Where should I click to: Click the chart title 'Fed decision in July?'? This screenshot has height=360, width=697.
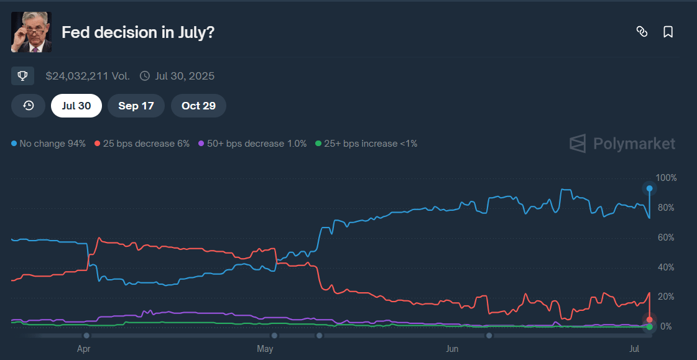pyautogui.click(x=138, y=32)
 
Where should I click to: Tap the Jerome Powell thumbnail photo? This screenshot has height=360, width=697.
pyautogui.click(x=32, y=32)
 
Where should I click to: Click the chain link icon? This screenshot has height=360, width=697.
pyautogui.click(x=642, y=32)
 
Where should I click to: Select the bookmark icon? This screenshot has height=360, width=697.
pyautogui.click(x=668, y=32)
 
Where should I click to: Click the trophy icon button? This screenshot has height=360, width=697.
pyautogui.click(x=22, y=76)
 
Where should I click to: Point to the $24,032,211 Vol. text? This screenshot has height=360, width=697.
pyautogui.click(x=88, y=76)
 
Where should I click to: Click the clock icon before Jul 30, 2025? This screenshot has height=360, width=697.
pyautogui.click(x=145, y=76)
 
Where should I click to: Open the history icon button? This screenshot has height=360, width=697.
pyautogui.click(x=28, y=106)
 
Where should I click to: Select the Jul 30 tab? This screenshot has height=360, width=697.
pyautogui.click(x=76, y=106)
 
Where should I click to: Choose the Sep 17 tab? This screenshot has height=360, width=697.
pyautogui.click(x=136, y=106)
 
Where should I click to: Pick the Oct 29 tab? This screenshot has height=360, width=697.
pyautogui.click(x=198, y=106)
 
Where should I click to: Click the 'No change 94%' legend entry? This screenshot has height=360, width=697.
pyautogui.click(x=48, y=144)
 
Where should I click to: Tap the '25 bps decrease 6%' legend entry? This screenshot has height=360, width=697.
pyautogui.click(x=142, y=144)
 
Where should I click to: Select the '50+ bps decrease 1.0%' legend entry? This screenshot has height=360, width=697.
pyautogui.click(x=252, y=144)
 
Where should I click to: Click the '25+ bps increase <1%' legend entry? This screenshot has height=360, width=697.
pyautogui.click(x=366, y=144)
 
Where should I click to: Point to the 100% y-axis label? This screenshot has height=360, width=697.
pyautogui.click(x=667, y=178)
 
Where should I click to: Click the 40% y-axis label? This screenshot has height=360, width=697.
pyautogui.click(x=667, y=267)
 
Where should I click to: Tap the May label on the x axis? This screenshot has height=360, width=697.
pyautogui.click(x=265, y=349)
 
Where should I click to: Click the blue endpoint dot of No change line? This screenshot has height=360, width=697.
pyautogui.click(x=649, y=188)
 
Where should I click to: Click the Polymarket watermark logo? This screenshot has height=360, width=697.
pyautogui.click(x=622, y=144)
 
